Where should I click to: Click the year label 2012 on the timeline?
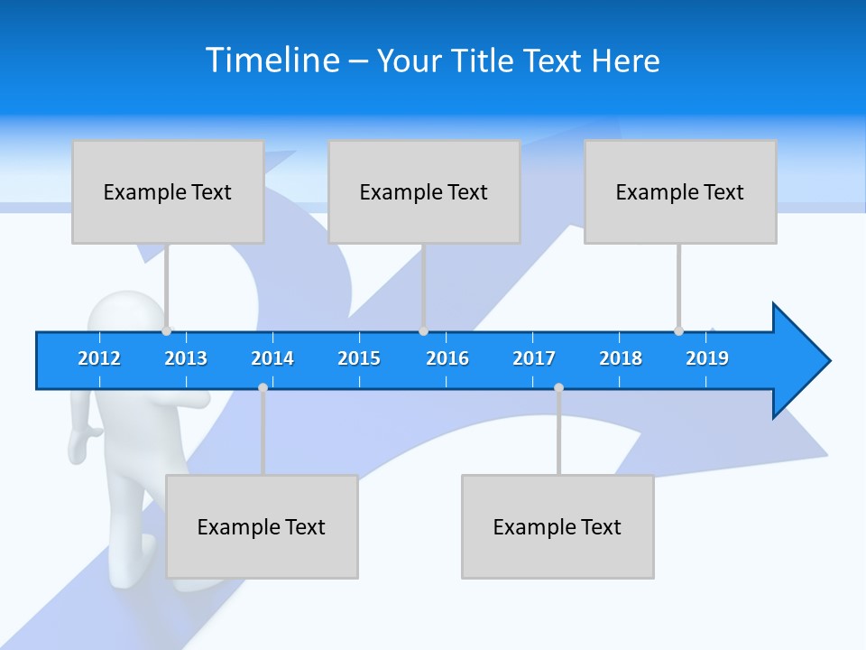(x=99, y=358)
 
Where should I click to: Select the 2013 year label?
(x=186, y=358)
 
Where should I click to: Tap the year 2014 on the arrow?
(x=272, y=358)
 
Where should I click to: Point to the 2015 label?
(x=359, y=358)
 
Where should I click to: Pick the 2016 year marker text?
(x=447, y=358)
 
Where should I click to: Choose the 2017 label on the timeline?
(x=534, y=358)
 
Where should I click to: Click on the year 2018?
(x=621, y=358)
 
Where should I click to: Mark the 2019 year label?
(x=707, y=358)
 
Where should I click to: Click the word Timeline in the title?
(x=272, y=60)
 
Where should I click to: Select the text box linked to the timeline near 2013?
(x=168, y=191)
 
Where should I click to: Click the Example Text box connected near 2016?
(x=424, y=191)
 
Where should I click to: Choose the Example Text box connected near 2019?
(x=680, y=191)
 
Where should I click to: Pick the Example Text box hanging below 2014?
(x=262, y=526)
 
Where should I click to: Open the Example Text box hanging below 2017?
(x=557, y=526)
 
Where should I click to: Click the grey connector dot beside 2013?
(x=167, y=331)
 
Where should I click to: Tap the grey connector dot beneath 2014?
(x=263, y=388)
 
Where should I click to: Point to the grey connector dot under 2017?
(x=558, y=388)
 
